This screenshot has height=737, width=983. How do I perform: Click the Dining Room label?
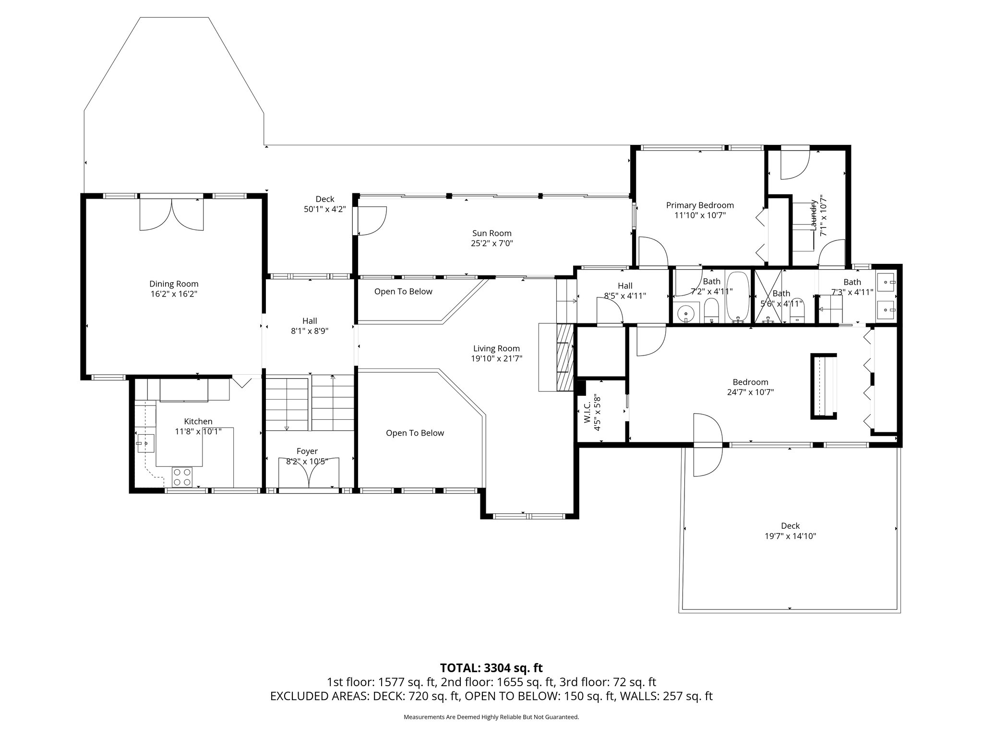[174, 284]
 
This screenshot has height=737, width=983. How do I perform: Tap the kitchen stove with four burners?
[182, 477]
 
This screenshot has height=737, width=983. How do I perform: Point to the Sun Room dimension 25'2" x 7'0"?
[492, 243]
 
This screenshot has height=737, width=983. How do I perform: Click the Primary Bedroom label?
[700, 205]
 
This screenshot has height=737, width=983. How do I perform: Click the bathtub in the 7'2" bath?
[737, 297]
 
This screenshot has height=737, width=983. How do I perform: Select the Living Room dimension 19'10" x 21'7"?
[496, 358]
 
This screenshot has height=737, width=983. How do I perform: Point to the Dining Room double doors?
[171, 214]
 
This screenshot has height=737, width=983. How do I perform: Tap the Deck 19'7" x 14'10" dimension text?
[790, 536]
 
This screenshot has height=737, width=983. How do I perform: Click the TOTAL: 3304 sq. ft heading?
[491, 668]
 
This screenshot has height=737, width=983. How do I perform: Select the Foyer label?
[307, 452]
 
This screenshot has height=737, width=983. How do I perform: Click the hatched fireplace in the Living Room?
[565, 357]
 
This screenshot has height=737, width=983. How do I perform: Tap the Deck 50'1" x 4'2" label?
[325, 204]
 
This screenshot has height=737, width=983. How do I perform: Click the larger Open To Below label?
[415, 433]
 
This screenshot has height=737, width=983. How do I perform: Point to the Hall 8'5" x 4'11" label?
[625, 291]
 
